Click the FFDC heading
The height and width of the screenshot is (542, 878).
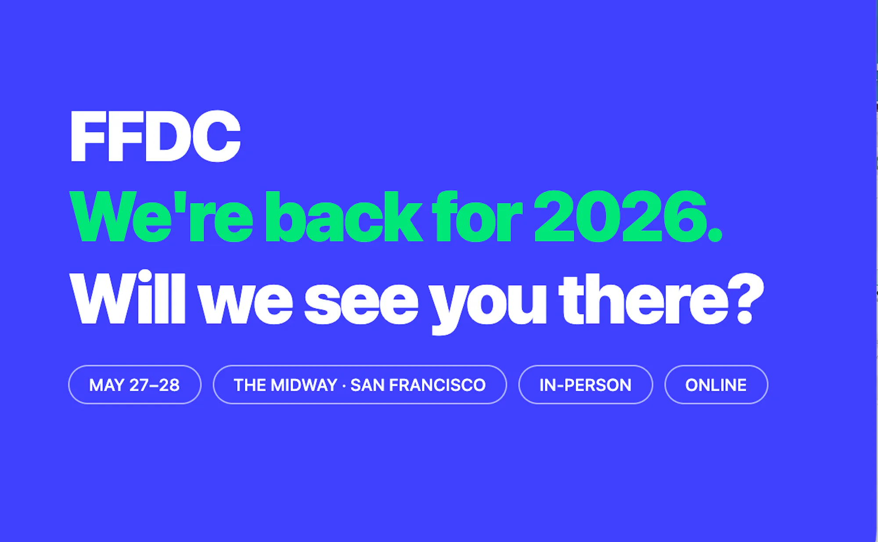(x=155, y=136)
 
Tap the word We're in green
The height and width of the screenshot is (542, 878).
(x=162, y=216)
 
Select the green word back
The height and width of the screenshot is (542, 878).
(x=343, y=216)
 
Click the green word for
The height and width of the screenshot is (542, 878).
(x=477, y=216)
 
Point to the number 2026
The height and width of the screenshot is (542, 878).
(x=620, y=216)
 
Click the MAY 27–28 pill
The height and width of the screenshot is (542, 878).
(x=135, y=385)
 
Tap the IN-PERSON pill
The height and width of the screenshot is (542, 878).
(x=586, y=385)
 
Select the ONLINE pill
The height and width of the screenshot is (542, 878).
(x=716, y=385)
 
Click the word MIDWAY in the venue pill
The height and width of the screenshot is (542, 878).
(x=304, y=385)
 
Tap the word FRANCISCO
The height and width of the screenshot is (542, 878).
(x=437, y=385)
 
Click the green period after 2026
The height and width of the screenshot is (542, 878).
(x=715, y=235)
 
